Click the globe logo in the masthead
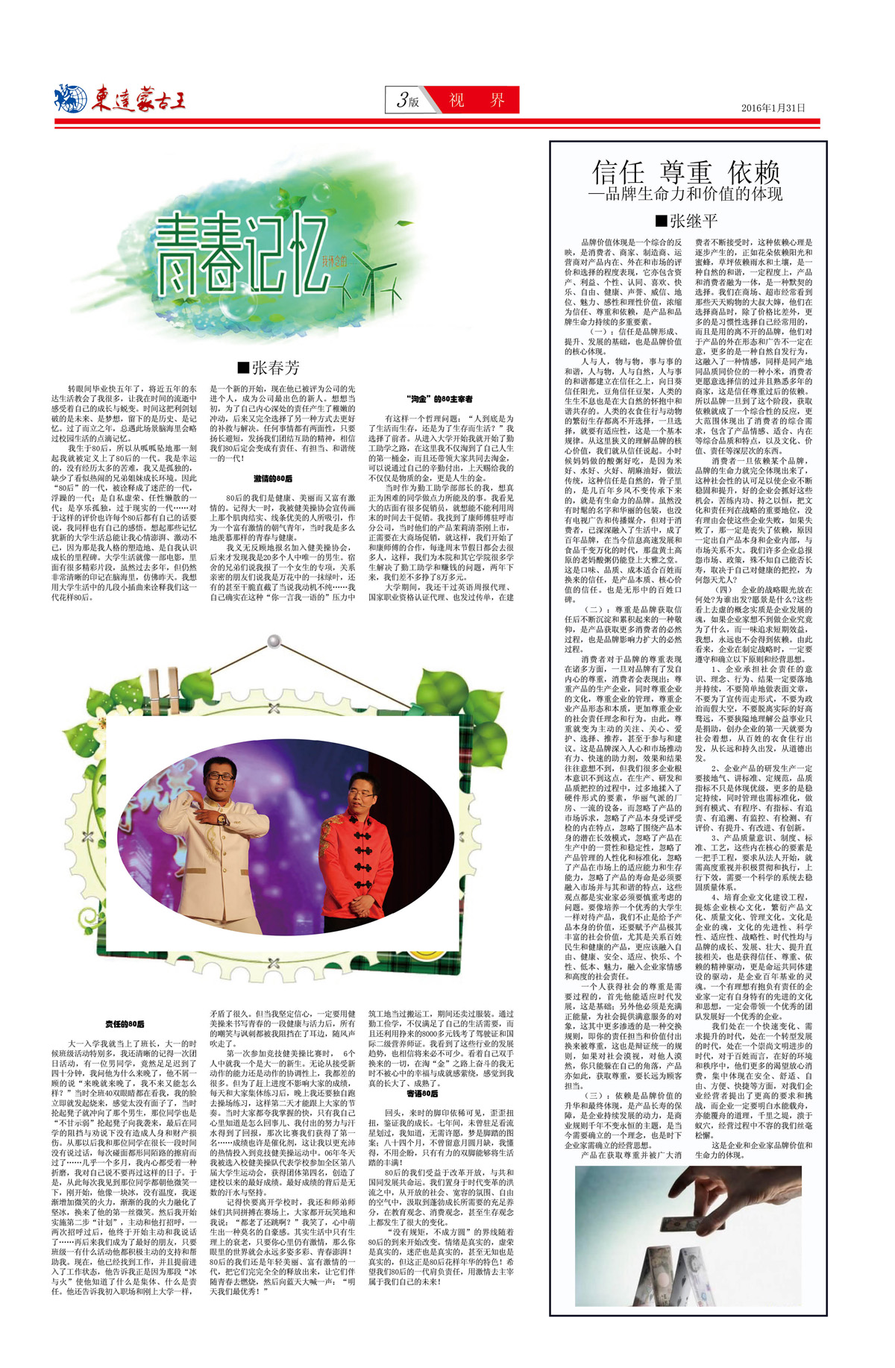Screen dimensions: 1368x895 [x=70, y=98]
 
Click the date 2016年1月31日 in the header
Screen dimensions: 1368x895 [x=773, y=107]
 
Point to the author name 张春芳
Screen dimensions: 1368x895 [x=268, y=367]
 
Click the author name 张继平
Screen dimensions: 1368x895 [x=686, y=221]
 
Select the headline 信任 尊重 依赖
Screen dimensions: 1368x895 [x=685, y=172]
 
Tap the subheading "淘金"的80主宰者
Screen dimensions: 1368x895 [x=440, y=399]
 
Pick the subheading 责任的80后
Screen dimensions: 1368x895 [x=125, y=1024]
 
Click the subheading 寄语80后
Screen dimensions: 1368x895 [x=422, y=1094]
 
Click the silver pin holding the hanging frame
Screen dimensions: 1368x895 [x=274, y=641]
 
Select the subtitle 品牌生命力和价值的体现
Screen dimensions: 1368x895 [x=685, y=195]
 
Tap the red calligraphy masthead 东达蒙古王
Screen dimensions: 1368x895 [x=139, y=100]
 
